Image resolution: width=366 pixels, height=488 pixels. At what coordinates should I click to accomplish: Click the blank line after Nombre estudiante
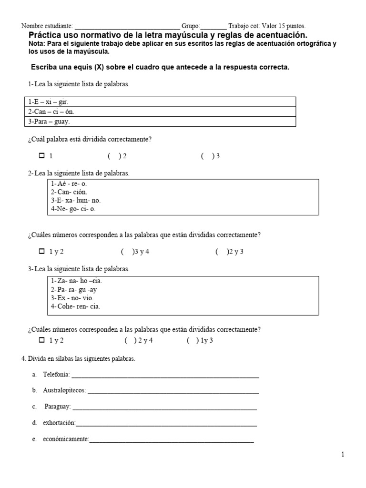coord(127,27)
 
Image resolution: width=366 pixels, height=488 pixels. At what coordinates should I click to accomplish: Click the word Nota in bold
coord(38,44)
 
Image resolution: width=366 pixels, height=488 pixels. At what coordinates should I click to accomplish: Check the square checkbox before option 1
coord(41,156)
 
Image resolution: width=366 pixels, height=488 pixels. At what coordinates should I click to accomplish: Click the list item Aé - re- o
coord(69,183)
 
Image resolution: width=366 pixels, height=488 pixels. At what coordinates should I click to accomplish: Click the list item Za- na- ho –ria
coord(76,281)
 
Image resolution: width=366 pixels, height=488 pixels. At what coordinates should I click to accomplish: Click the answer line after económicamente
coord(172,441)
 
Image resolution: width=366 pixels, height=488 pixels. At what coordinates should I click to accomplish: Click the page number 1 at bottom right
coord(342,455)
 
